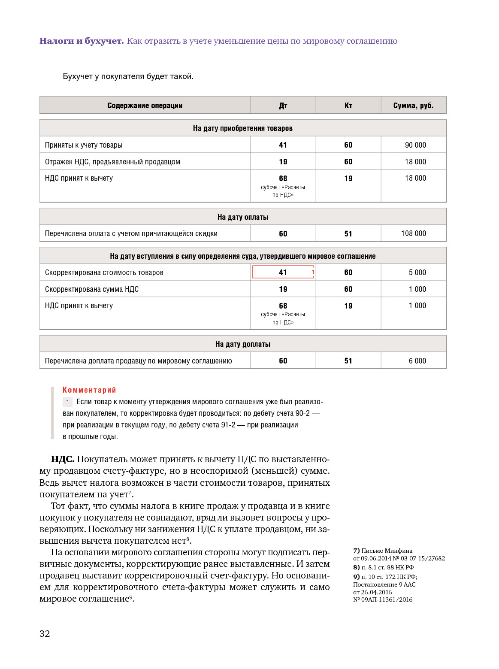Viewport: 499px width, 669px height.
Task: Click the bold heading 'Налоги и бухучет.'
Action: (x=82, y=41)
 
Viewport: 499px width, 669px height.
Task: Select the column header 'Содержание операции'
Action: (x=145, y=106)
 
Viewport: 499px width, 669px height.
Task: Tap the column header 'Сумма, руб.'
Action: (x=413, y=106)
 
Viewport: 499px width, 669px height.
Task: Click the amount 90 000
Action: (x=415, y=145)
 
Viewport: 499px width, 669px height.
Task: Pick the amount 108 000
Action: (x=414, y=233)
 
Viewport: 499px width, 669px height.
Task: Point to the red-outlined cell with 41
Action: (x=283, y=272)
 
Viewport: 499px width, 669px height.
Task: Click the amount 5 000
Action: (x=417, y=272)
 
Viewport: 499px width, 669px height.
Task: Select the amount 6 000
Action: (x=417, y=361)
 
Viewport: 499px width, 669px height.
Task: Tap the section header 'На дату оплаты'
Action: (x=242, y=217)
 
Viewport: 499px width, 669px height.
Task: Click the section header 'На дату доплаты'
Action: (x=242, y=344)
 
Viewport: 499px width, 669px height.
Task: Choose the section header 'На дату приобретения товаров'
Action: (x=242, y=128)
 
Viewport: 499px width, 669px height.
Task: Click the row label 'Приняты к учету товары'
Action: (x=84, y=145)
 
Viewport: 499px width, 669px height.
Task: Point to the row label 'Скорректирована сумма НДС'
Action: (x=92, y=289)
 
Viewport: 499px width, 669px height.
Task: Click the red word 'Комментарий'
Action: (x=89, y=390)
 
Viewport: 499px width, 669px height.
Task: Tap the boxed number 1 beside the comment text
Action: (x=67, y=402)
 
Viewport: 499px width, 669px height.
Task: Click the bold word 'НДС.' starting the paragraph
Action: (x=63, y=459)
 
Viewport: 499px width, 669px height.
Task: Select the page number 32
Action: (x=45, y=634)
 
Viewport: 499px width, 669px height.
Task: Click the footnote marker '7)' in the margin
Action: (x=356, y=551)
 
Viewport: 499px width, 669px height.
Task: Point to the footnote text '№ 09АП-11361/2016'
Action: (x=383, y=599)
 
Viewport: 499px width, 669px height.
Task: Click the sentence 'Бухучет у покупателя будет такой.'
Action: (x=128, y=76)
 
